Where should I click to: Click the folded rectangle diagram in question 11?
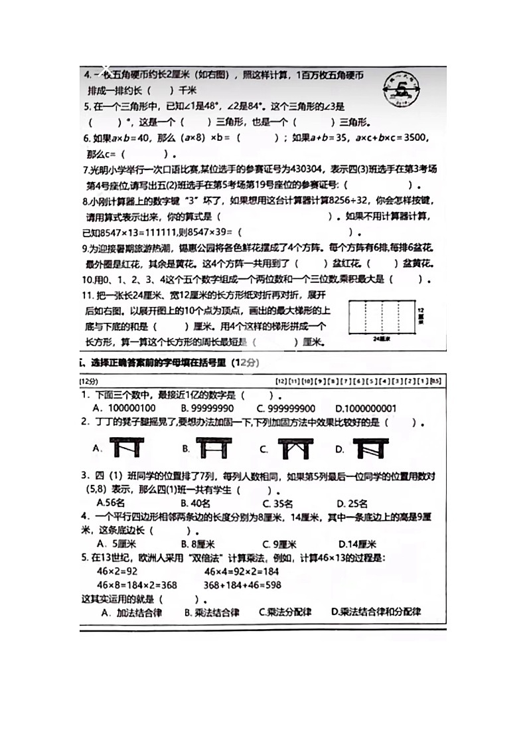pos(380,317)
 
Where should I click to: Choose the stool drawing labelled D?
pos(370,448)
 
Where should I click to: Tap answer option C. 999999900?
pos(286,409)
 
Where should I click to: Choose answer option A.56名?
pos(114,503)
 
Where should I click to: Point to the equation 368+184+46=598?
pos(242,585)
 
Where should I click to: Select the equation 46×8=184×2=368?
pos(137,585)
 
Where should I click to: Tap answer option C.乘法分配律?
pos(285,612)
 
